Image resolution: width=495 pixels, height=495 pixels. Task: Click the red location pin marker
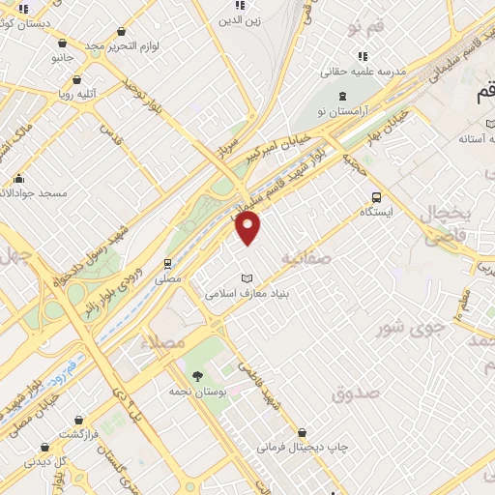(248, 228)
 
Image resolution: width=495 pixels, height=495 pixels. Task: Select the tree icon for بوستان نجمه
(197, 375)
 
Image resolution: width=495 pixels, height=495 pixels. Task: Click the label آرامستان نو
(342, 112)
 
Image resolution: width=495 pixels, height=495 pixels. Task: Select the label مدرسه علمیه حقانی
(363, 72)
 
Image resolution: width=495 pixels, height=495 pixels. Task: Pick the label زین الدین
(239, 19)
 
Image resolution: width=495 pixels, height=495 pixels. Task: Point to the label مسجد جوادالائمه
(33, 193)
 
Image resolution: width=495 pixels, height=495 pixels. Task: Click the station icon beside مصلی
(167, 262)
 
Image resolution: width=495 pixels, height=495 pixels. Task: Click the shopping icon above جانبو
(63, 43)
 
